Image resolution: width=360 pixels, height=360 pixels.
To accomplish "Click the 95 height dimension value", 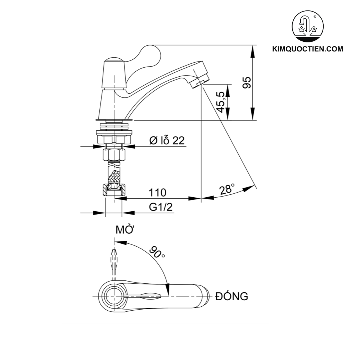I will coord(247,82).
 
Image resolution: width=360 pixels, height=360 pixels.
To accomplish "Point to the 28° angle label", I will coord(227,189).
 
